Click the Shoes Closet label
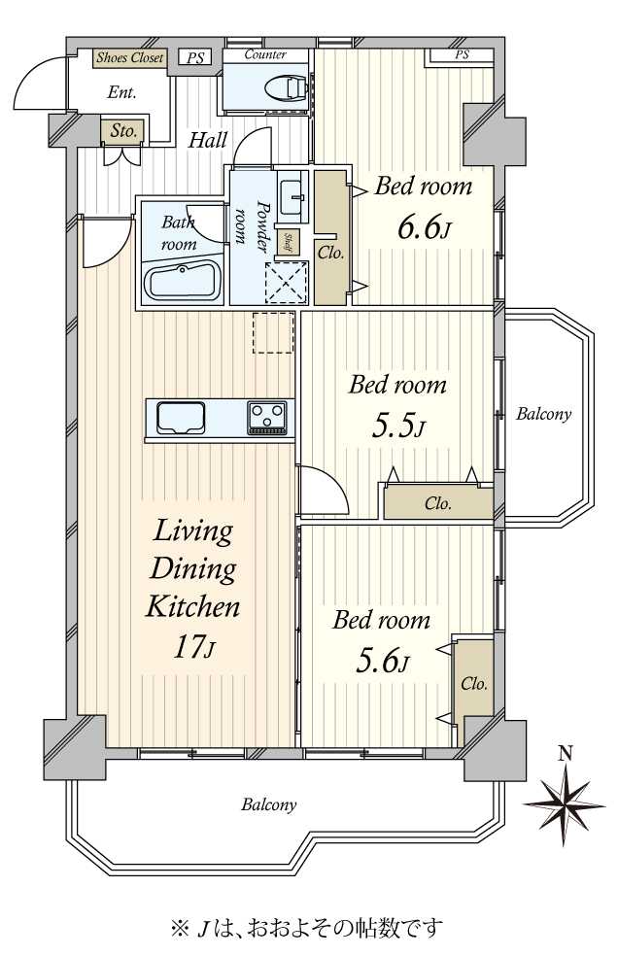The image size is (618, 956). [x=130, y=58]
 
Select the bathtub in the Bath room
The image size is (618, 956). [x=183, y=282]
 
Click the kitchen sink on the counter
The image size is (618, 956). [x=181, y=417]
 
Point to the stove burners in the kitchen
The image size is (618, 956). [x=266, y=418]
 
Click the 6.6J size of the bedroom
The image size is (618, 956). [x=425, y=229]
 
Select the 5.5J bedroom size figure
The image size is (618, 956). [x=398, y=427]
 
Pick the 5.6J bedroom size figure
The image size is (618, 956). [x=382, y=663]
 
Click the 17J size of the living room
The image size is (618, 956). [x=192, y=647]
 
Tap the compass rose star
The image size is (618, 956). [x=565, y=805]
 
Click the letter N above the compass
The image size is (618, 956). [x=566, y=754]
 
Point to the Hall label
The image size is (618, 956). [x=207, y=140]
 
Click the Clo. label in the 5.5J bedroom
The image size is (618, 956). [x=438, y=503]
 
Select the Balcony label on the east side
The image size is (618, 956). [x=543, y=415]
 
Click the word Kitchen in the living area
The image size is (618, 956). [x=192, y=607]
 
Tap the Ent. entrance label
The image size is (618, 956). [x=121, y=92]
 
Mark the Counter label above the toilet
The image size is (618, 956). [x=265, y=54]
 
